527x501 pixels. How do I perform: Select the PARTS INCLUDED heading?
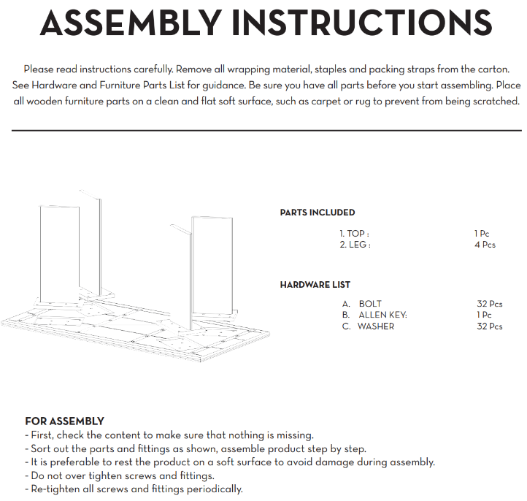318,213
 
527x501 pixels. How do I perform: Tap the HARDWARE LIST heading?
315,285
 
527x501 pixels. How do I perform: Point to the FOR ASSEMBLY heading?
64,421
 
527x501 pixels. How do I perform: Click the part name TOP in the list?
356,234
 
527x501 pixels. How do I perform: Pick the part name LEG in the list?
358,245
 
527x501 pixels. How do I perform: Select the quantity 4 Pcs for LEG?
485,245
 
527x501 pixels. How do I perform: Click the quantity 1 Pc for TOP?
482,234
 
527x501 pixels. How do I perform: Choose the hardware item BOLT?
370,304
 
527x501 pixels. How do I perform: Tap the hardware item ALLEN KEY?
382,315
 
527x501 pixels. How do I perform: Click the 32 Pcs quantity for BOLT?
490,304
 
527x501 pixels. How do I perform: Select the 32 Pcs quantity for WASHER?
490,326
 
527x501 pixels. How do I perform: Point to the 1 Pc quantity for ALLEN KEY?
484,315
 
